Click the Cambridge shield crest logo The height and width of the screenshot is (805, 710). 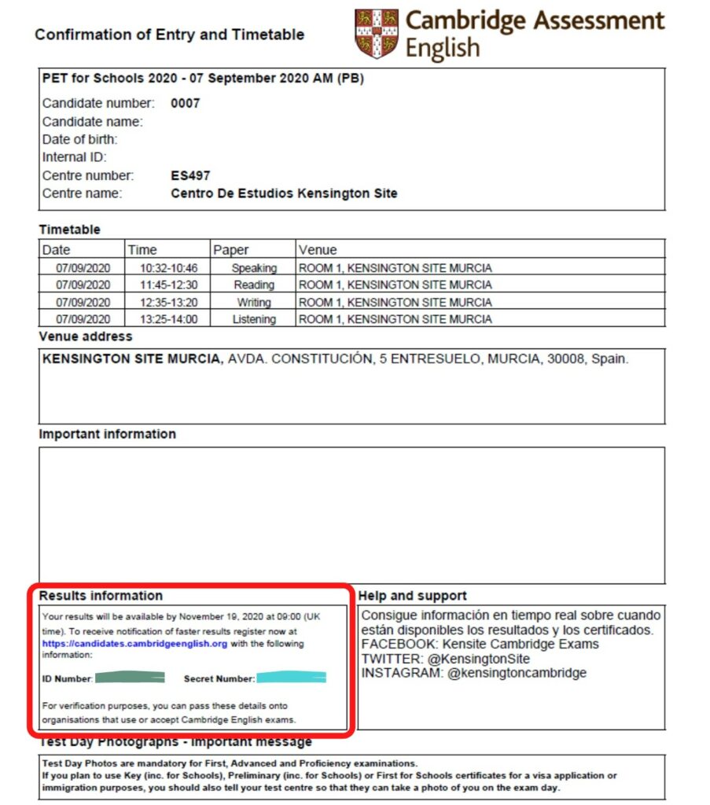click(x=376, y=34)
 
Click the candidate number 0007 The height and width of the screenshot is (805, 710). click(x=185, y=103)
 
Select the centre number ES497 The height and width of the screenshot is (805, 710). click(x=190, y=175)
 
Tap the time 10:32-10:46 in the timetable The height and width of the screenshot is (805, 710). click(x=169, y=268)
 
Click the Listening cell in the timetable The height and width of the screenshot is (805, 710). click(x=254, y=319)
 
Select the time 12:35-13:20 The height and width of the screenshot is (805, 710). click(x=169, y=302)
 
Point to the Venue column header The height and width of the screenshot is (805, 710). click(x=318, y=250)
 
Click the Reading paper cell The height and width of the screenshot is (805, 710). click(x=254, y=285)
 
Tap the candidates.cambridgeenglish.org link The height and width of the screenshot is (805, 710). click(x=134, y=643)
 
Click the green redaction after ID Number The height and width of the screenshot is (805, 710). click(x=129, y=677)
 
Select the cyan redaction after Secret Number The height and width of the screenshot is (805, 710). click(x=291, y=677)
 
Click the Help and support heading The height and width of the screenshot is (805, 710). click(x=412, y=596)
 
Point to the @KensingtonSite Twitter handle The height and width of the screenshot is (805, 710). click(x=479, y=659)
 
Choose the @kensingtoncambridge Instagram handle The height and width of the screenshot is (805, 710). click(x=517, y=673)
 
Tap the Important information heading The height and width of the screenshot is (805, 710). click(x=107, y=434)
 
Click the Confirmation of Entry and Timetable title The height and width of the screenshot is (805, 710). click(x=169, y=35)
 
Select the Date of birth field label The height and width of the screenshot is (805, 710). click(x=79, y=139)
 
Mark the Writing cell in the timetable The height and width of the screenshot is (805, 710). click(x=254, y=302)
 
